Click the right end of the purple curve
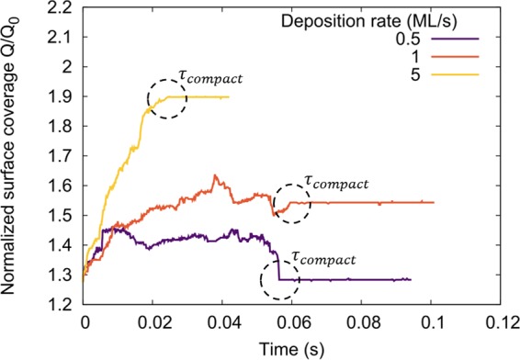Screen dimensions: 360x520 point(411,279)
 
